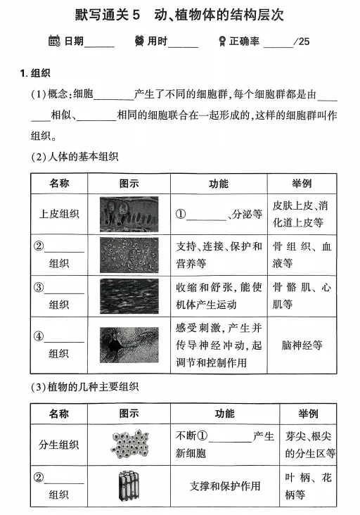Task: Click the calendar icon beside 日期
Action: pyautogui.click(x=54, y=41)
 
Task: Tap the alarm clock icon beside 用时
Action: pyautogui.click(x=139, y=41)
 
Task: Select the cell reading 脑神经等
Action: pyautogui.click(x=302, y=345)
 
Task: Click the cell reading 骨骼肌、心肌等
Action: pyautogui.click(x=302, y=296)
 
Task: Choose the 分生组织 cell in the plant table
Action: pyautogui.click(x=59, y=445)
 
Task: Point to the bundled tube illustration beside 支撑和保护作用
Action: pyautogui.click(x=131, y=485)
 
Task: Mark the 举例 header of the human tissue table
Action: pyautogui.click(x=302, y=184)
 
